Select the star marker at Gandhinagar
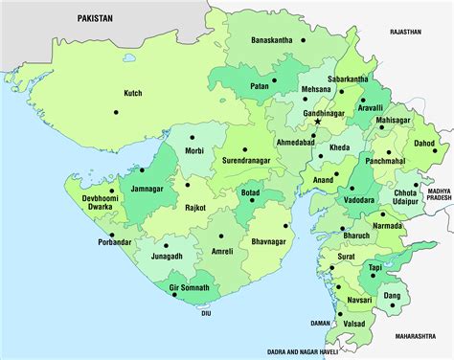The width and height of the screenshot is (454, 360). click(318, 122)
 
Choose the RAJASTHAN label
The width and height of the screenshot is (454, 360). click(405, 31)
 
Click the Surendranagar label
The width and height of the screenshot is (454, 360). click(251, 162)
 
